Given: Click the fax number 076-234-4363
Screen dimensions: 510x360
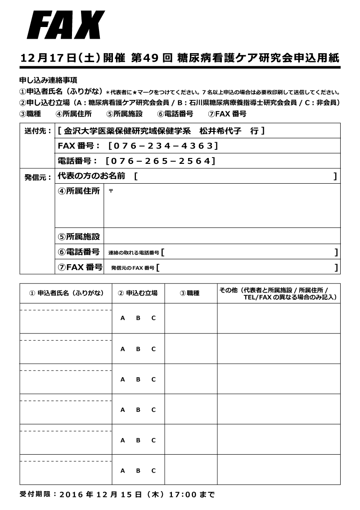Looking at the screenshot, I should click(x=163, y=146).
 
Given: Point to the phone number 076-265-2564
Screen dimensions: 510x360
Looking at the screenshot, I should click(x=160, y=161).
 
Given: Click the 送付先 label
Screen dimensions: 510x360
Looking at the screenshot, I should click(x=37, y=131).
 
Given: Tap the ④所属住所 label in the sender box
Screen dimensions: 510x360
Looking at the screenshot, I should click(x=79, y=191).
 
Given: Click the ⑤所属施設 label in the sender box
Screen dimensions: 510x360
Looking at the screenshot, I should click(x=79, y=236).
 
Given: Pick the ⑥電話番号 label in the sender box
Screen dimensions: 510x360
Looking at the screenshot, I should click(x=79, y=252).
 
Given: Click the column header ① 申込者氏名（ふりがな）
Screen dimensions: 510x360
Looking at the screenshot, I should click(x=66, y=293).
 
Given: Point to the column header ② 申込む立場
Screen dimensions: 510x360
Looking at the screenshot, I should click(x=138, y=293).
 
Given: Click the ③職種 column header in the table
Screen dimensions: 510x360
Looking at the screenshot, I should click(x=189, y=293).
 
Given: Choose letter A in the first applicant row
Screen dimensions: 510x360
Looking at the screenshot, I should click(x=122, y=318).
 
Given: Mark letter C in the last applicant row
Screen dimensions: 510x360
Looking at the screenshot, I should click(x=153, y=470).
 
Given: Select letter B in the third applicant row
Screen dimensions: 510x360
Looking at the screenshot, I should click(x=138, y=379).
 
